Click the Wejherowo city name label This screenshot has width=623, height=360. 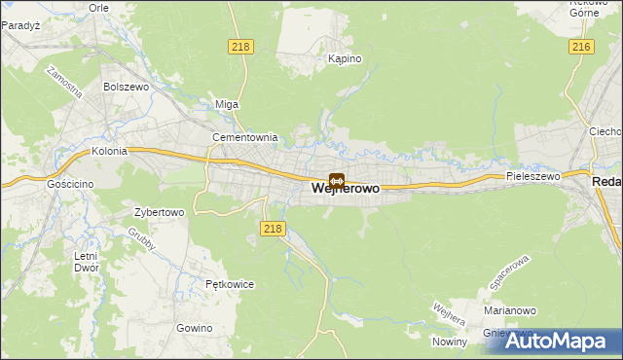346,191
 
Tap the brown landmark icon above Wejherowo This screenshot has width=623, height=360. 336,180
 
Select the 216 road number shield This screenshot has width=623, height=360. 582,47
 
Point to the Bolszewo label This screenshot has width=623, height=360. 125,87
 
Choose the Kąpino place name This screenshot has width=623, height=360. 345,59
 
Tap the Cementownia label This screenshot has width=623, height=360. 245,137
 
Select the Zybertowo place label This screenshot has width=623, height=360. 159,211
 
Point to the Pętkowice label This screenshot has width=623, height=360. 230,284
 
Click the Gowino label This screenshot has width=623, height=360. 195,328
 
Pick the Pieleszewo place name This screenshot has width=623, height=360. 532,177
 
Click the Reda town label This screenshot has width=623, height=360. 606,182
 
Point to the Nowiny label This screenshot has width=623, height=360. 451,341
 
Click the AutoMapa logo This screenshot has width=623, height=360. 552,340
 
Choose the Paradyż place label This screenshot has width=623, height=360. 19,26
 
